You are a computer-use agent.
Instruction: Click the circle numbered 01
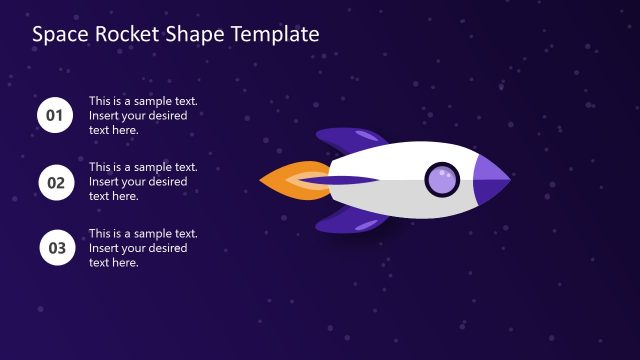(x=55, y=116)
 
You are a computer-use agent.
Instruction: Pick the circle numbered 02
(x=55, y=182)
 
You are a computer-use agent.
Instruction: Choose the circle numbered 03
(x=55, y=248)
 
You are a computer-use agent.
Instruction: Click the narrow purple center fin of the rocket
(x=350, y=180)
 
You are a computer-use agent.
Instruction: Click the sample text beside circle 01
(x=143, y=115)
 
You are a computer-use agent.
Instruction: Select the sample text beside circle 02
(x=143, y=181)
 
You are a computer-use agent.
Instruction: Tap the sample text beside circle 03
(x=143, y=248)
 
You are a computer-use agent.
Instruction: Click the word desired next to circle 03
(x=164, y=248)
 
